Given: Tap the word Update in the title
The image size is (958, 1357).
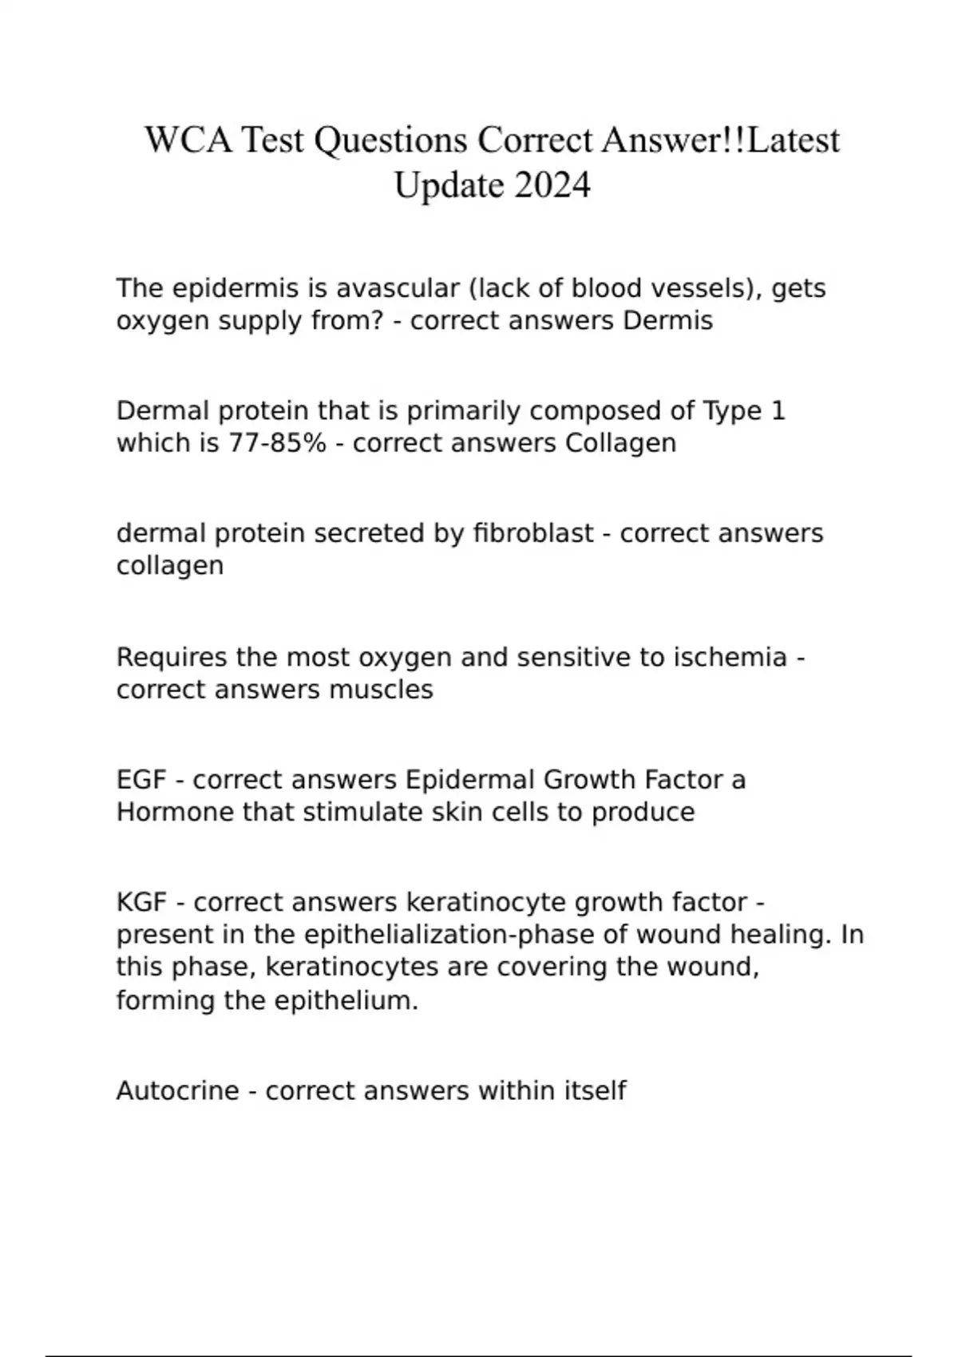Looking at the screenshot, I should click(x=449, y=186).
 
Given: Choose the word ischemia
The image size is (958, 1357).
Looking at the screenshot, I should click(x=730, y=657).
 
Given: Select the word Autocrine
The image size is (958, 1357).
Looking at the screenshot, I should click(x=177, y=1090).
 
